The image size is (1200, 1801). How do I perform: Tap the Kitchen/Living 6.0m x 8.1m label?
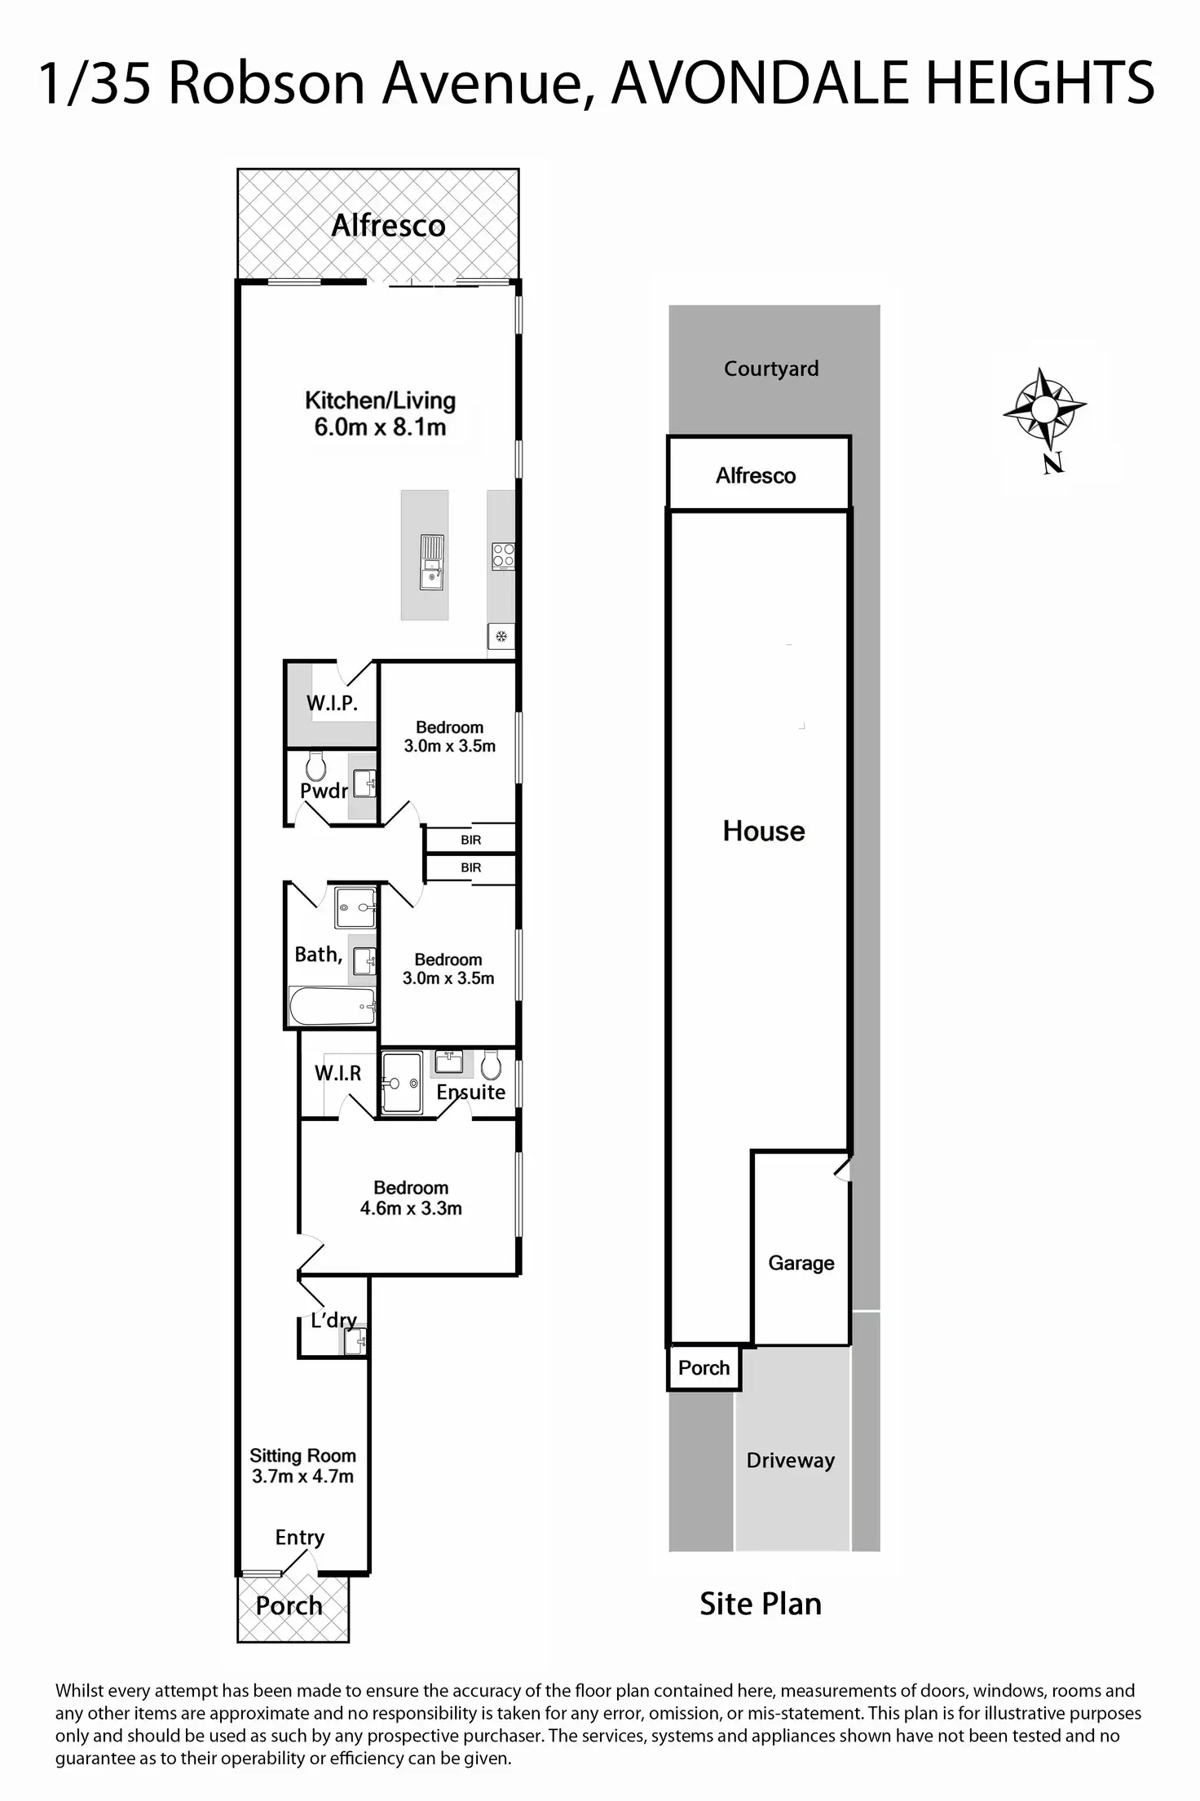point(380,413)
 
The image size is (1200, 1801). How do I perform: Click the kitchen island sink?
point(431,561)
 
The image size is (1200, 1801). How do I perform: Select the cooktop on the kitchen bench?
point(503,556)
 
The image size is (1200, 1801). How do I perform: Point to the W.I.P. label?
point(332,703)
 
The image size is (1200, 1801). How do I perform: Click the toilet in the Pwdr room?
point(315,766)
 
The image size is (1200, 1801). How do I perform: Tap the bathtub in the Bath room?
point(332,1006)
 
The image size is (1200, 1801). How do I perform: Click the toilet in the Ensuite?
point(491,1064)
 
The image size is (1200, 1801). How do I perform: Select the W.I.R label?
point(337,1073)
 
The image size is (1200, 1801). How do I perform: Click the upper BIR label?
point(471,840)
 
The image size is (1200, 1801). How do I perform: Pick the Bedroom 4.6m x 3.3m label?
point(411,1198)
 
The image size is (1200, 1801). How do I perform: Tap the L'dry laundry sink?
point(355,1340)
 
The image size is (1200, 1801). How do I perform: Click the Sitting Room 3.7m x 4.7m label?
point(302,1466)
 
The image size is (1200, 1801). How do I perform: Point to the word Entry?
point(300,1538)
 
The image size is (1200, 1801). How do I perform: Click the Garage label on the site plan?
point(801,1263)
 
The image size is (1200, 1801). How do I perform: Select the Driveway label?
point(791,1459)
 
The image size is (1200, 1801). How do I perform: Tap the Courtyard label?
point(771,369)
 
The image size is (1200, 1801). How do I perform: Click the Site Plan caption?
point(761,1604)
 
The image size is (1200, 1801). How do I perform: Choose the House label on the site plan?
point(764,831)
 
